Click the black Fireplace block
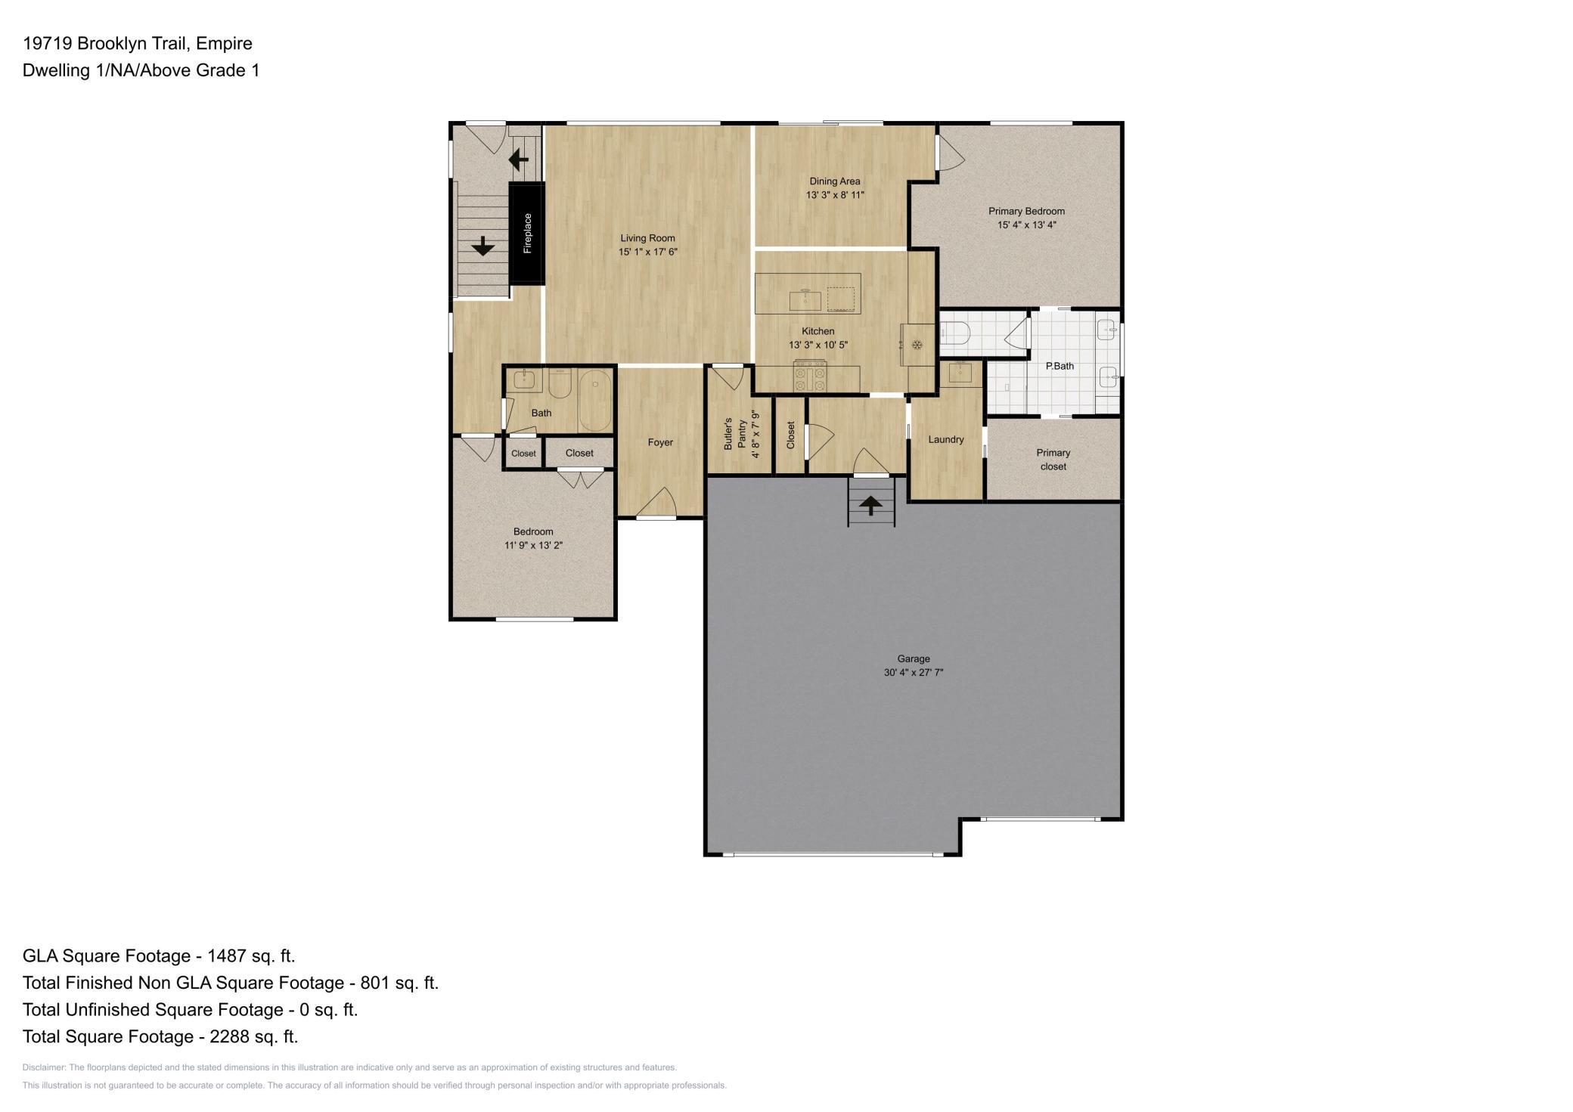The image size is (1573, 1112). [526, 233]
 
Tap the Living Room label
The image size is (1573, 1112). [647, 238]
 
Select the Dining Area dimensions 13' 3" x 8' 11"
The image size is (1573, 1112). [835, 195]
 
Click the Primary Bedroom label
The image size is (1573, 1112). [1026, 212]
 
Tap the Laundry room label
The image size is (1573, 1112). [946, 439]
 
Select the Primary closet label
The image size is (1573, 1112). [1053, 460]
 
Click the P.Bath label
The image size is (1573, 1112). [1060, 366]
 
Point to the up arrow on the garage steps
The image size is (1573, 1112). [871, 504]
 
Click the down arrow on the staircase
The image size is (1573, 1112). [482, 246]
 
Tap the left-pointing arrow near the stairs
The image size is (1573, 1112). [519, 160]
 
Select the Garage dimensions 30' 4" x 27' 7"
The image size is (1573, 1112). [914, 672]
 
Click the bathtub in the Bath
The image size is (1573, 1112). [595, 401]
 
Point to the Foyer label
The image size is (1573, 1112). [660, 442]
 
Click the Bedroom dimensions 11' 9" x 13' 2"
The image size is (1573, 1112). [534, 545]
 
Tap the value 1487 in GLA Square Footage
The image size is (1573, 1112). [227, 956]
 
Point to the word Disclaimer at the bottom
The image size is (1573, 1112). [44, 1067]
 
